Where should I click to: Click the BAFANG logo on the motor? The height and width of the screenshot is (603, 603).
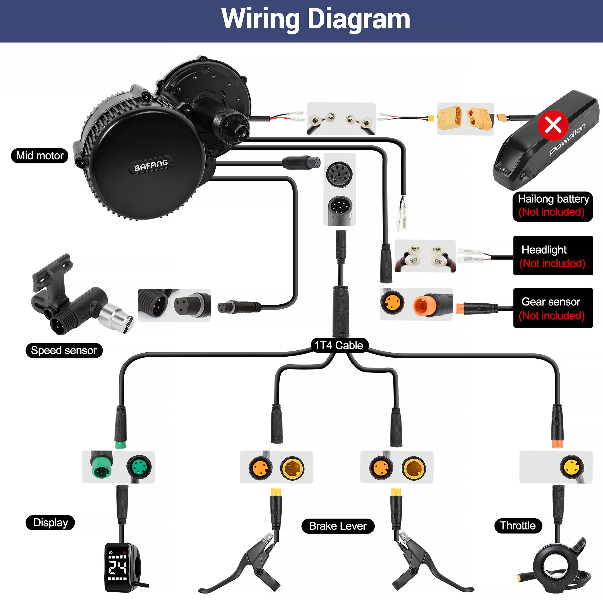click(151, 165)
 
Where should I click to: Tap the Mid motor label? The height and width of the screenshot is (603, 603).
click(40, 155)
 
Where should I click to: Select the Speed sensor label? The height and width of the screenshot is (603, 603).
click(64, 350)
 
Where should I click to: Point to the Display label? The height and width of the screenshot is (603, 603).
click(50, 523)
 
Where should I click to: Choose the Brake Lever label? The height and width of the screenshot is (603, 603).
click(338, 526)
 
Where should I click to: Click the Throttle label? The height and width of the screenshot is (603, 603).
click(518, 525)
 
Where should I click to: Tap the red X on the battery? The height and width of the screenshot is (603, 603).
click(553, 125)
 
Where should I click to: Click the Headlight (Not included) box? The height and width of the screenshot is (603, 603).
click(553, 256)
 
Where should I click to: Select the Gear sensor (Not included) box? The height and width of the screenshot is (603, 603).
click(553, 308)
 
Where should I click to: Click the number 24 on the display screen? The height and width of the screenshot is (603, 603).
click(117, 568)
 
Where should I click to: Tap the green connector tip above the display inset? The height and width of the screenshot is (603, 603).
click(121, 445)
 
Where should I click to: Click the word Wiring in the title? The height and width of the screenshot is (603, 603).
click(261, 19)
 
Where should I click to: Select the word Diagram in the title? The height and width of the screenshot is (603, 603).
click(359, 19)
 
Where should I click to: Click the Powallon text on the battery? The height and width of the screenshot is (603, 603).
click(567, 140)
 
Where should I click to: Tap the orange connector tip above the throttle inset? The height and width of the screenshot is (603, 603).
click(557, 444)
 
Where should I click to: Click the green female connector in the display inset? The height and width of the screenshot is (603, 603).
click(139, 467)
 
